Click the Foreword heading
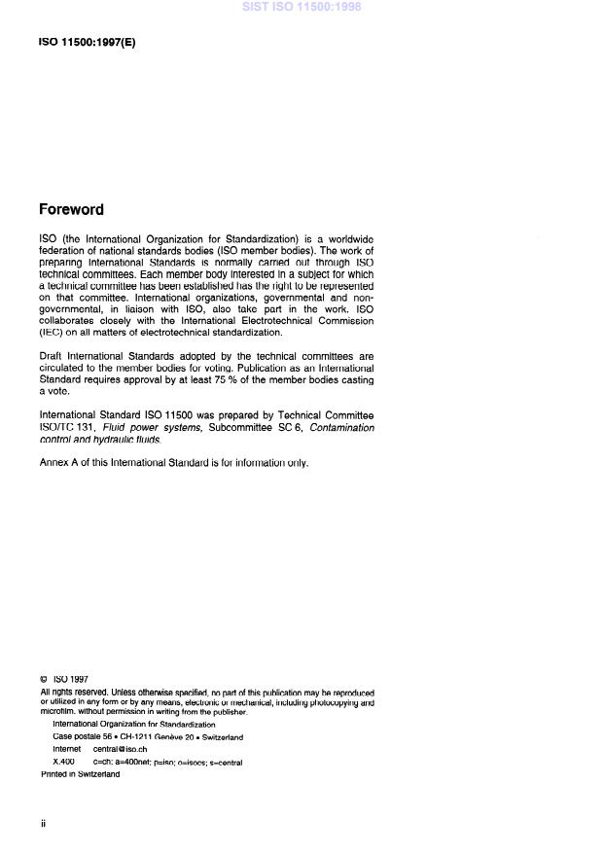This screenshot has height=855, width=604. (71, 209)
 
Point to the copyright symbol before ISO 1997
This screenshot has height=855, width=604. (44, 679)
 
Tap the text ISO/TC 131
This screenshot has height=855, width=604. (64, 427)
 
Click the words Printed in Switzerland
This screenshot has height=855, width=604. (80, 774)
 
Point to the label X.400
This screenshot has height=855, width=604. (63, 762)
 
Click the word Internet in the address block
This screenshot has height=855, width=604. (67, 749)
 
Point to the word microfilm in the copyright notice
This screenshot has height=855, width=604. (57, 711)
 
